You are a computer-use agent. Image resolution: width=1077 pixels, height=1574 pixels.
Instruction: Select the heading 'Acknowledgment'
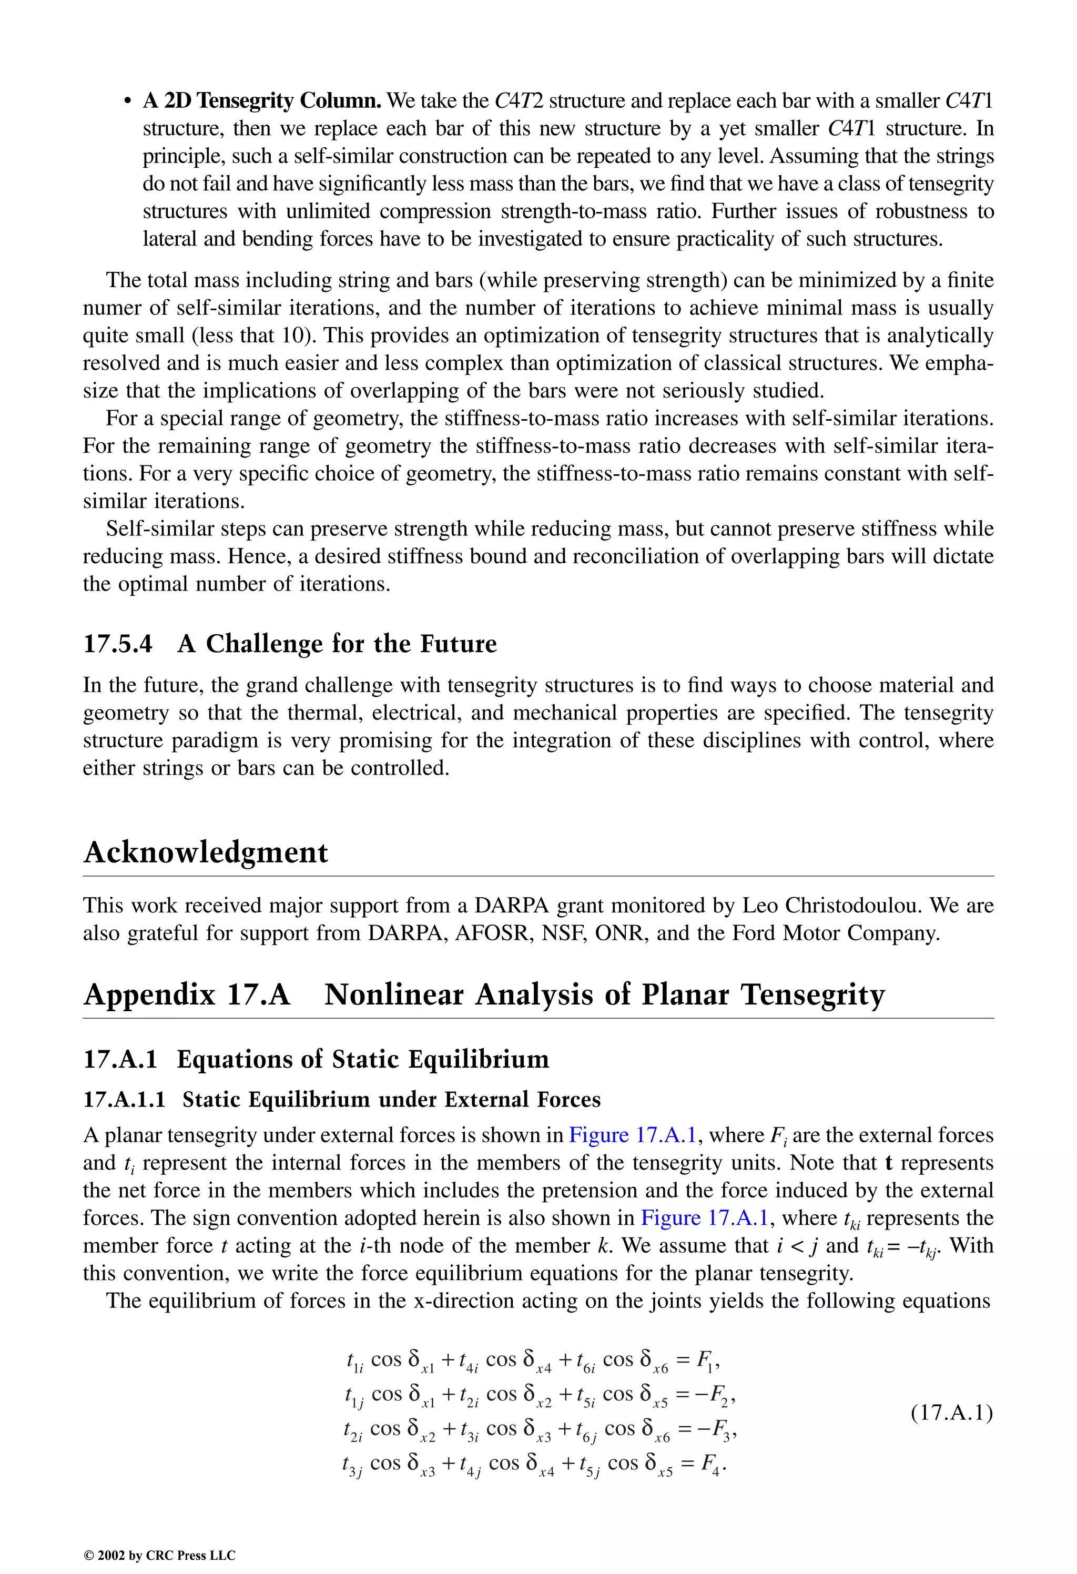click(205, 852)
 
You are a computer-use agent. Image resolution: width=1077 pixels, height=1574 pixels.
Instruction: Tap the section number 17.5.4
click(118, 643)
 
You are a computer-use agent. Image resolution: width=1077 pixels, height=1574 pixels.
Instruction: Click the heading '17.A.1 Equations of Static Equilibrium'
click(316, 1059)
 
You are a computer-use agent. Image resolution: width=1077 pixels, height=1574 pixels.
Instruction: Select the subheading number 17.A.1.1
click(124, 1099)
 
